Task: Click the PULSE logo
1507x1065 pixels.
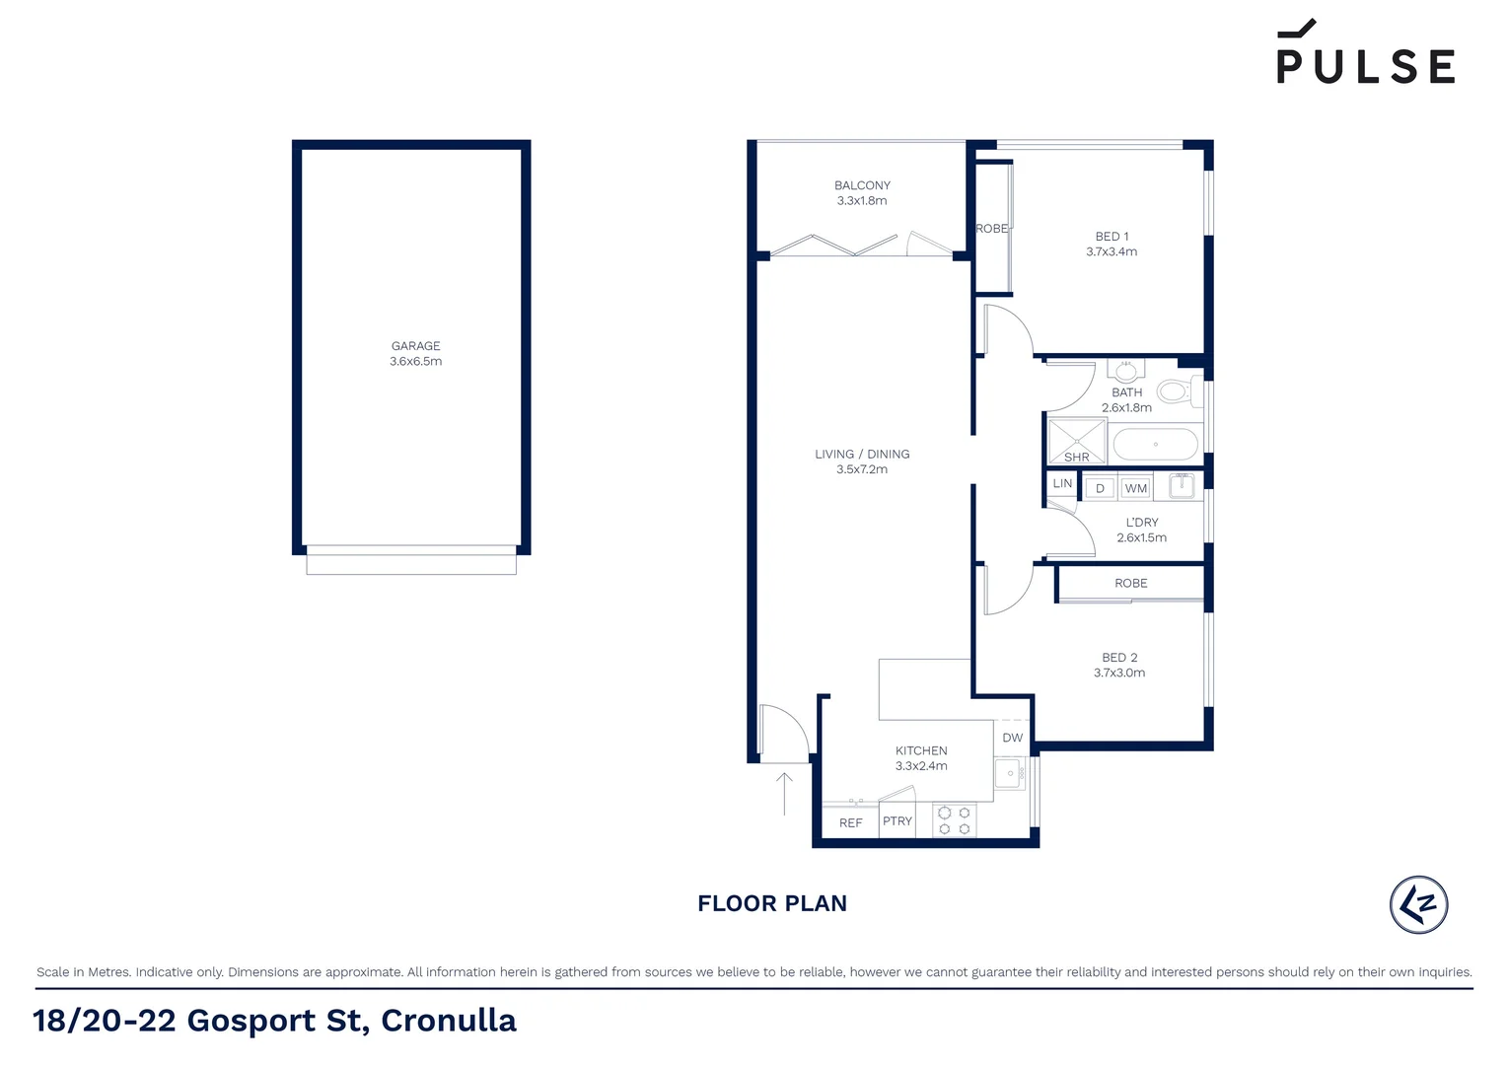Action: [x=1365, y=55]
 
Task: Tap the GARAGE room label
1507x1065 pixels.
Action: [x=415, y=346]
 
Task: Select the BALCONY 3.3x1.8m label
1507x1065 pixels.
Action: [x=862, y=193]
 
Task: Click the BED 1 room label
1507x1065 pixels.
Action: [x=1112, y=237]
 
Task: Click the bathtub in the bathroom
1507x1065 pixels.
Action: [x=1155, y=445]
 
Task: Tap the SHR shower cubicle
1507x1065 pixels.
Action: [x=1076, y=441]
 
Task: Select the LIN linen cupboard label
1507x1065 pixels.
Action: [x=1062, y=484]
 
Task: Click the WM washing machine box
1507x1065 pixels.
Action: [x=1136, y=488]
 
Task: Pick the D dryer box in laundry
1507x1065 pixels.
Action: [x=1100, y=488]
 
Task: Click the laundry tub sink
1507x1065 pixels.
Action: [x=1182, y=485]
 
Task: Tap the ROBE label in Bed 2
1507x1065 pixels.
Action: [x=1131, y=584]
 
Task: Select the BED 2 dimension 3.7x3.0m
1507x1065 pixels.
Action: [x=1119, y=674]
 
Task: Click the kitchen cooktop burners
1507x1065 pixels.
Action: [x=954, y=821]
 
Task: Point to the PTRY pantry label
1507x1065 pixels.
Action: [x=897, y=821]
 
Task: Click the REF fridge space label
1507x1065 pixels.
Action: [x=850, y=823]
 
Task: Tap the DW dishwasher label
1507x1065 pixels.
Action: [x=1013, y=738]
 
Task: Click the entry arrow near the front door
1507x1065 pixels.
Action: [x=784, y=793]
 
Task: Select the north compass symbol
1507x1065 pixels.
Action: [x=1418, y=904]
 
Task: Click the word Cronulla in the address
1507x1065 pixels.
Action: [x=449, y=1021]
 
